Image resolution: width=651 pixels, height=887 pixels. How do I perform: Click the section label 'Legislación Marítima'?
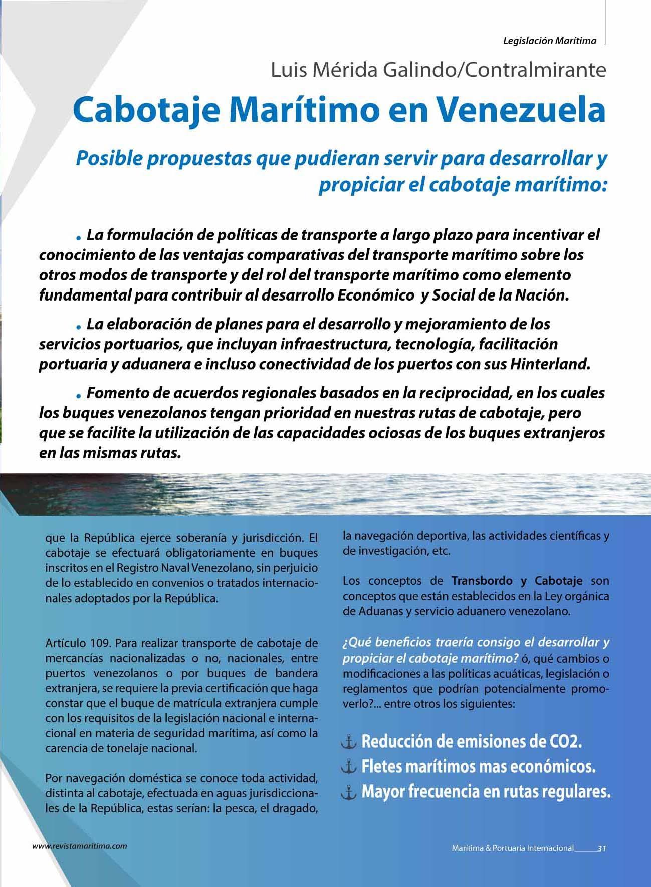pyautogui.click(x=549, y=41)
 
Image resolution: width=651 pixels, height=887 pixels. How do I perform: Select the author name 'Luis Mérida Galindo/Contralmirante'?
pyautogui.click(x=439, y=70)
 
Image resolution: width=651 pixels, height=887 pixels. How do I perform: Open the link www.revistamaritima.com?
pyautogui.click(x=79, y=846)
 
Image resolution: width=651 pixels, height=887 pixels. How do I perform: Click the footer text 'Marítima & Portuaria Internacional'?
pyautogui.click(x=512, y=848)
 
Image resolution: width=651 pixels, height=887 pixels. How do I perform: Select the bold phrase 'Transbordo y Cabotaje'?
pyautogui.click(x=517, y=581)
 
